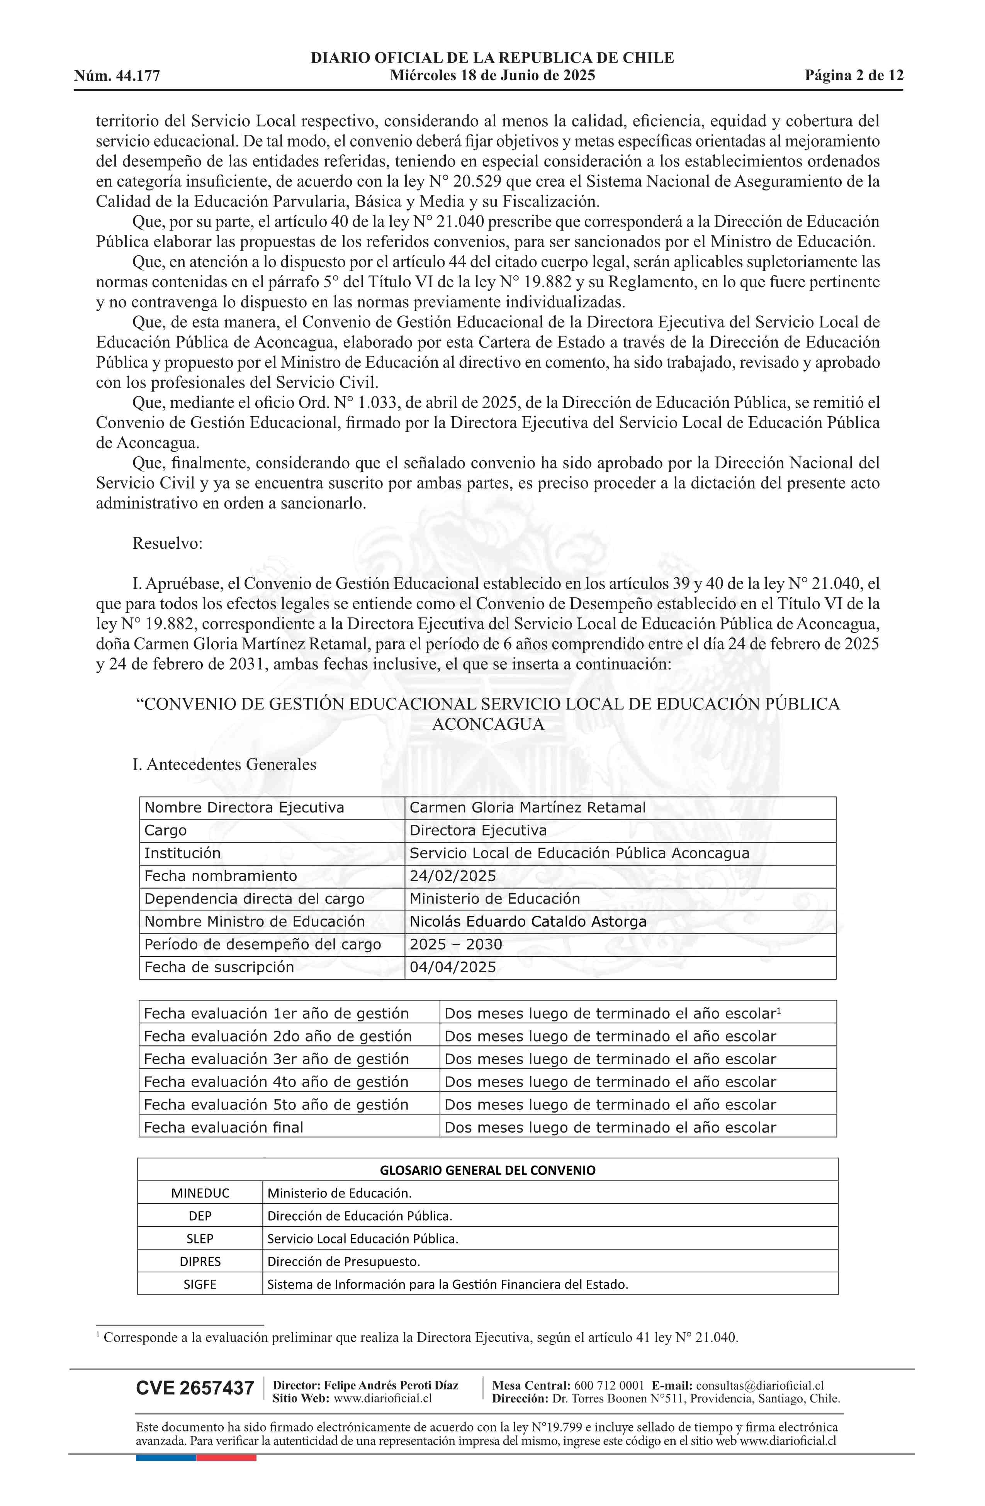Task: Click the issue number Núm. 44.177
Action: [117, 76]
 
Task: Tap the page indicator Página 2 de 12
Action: [854, 75]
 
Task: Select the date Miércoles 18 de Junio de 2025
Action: [492, 75]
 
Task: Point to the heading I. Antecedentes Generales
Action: [224, 764]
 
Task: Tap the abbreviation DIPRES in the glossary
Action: [200, 1261]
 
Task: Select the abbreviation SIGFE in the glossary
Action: [200, 1284]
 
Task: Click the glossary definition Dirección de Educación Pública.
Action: [360, 1216]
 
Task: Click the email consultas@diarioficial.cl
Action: [760, 1386]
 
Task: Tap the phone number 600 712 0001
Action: [609, 1386]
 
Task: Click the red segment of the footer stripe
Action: [226, 1458]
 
